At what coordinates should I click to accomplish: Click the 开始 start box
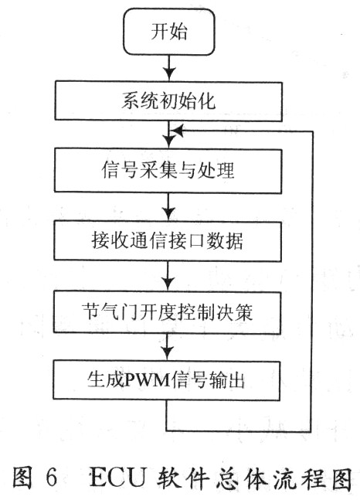(x=169, y=32)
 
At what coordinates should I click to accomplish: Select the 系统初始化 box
(x=168, y=101)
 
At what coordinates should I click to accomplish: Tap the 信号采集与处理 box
(x=168, y=171)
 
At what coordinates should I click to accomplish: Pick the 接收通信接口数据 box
(x=168, y=241)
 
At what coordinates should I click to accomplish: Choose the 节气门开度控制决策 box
(x=167, y=312)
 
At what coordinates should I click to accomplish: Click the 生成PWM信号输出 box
(x=166, y=380)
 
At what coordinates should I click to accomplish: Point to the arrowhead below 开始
(x=170, y=73)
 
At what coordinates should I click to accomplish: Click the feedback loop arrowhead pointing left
(x=177, y=131)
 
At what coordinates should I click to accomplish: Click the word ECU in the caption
(x=119, y=478)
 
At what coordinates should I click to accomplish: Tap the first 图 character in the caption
(x=22, y=478)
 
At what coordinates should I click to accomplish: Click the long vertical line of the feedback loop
(x=312, y=281)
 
